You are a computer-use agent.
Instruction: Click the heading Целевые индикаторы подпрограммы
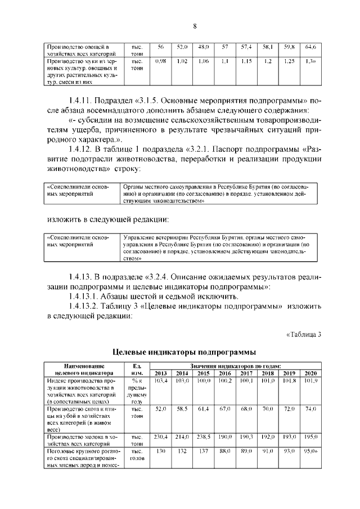(180, 353)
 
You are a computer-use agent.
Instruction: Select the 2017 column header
(246, 373)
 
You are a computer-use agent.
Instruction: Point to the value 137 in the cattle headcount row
(203, 451)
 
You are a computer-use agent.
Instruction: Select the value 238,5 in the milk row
(203, 436)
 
